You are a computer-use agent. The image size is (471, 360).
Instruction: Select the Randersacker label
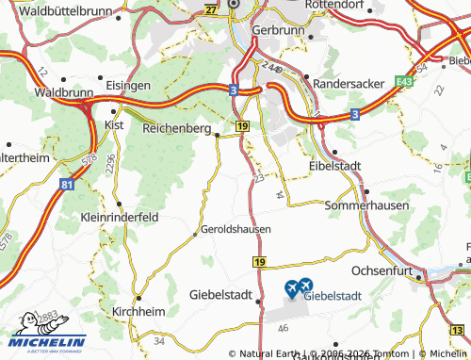[x=349, y=83]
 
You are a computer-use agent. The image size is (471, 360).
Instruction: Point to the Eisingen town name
[x=128, y=85]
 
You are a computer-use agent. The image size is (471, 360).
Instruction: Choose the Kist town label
[x=114, y=123]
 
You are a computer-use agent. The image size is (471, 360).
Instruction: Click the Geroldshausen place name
[x=235, y=229]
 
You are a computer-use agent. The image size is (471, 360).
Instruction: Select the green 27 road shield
[x=210, y=9]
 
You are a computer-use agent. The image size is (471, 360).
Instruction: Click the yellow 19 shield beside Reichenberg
[x=243, y=125]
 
